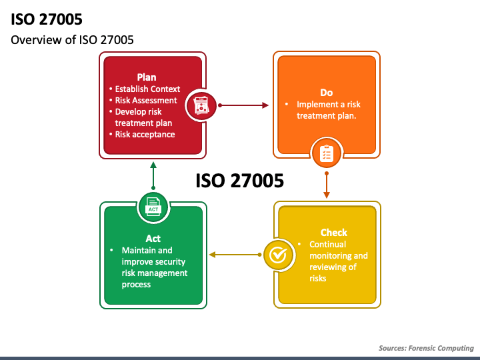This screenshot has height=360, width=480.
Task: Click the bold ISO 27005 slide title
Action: pyautogui.click(x=47, y=19)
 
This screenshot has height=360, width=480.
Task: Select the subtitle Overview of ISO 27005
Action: pyautogui.click(x=72, y=40)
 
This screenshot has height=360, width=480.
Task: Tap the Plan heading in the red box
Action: pyautogui.click(x=147, y=77)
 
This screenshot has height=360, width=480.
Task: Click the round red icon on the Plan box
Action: pyautogui.click(x=201, y=105)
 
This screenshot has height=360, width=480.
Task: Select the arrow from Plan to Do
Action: pyautogui.click(x=243, y=105)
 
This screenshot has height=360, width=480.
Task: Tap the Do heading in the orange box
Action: pyautogui.click(x=326, y=93)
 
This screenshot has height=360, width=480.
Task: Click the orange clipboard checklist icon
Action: pyautogui.click(x=327, y=153)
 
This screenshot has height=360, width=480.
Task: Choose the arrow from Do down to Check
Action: pyautogui.click(x=327, y=185)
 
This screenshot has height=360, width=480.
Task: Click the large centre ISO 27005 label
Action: pyautogui.click(x=240, y=181)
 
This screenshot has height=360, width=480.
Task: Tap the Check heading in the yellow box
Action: pyautogui.click(x=334, y=233)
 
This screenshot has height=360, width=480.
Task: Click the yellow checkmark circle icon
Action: pyautogui.click(x=279, y=255)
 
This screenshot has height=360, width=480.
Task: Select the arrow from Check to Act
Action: pyautogui.click(x=235, y=255)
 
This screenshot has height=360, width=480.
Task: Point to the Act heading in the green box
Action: pyautogui.click(x=153, y=239)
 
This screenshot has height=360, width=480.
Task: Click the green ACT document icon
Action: pyautogui.click(x=153, y=207)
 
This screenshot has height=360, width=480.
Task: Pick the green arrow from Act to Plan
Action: pyautogui.click(x=153, y=176)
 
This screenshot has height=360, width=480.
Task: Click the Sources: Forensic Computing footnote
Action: pyautogui.click(x=426, y=348)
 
